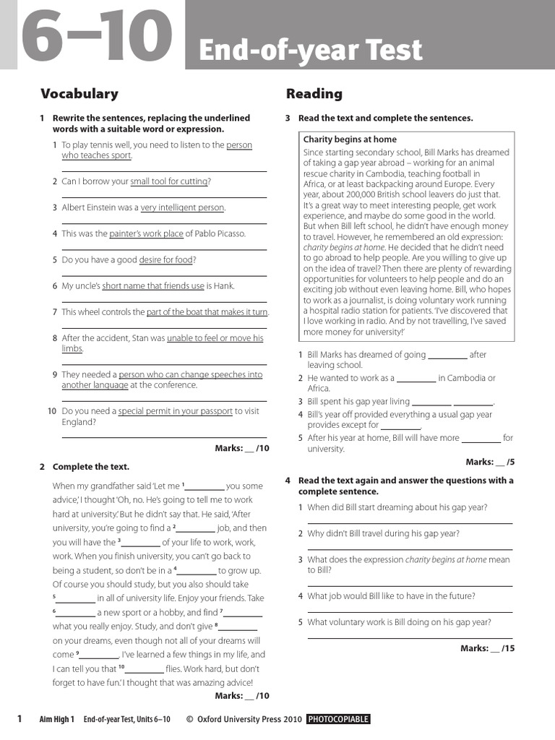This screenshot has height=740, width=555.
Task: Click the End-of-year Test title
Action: coord(310,51)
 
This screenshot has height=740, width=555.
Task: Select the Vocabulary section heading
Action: coord(79,93)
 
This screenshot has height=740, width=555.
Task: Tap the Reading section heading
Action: coord(314,93)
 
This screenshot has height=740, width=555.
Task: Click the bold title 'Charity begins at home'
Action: coord(350,139)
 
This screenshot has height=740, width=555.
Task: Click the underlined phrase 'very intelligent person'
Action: coord(182,207)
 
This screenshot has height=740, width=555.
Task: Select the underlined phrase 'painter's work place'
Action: coord(146,233)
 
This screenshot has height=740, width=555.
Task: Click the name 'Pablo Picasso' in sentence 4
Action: coord(221,233)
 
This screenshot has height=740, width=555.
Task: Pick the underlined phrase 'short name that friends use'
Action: coord(153,285)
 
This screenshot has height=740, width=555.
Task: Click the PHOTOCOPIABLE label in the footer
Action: coord(338,719)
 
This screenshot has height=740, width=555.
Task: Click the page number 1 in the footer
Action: coord(20,718)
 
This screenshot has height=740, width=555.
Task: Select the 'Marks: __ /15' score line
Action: coord(487,648)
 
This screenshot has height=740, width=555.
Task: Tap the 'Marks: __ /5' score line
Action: coord(490,462)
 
